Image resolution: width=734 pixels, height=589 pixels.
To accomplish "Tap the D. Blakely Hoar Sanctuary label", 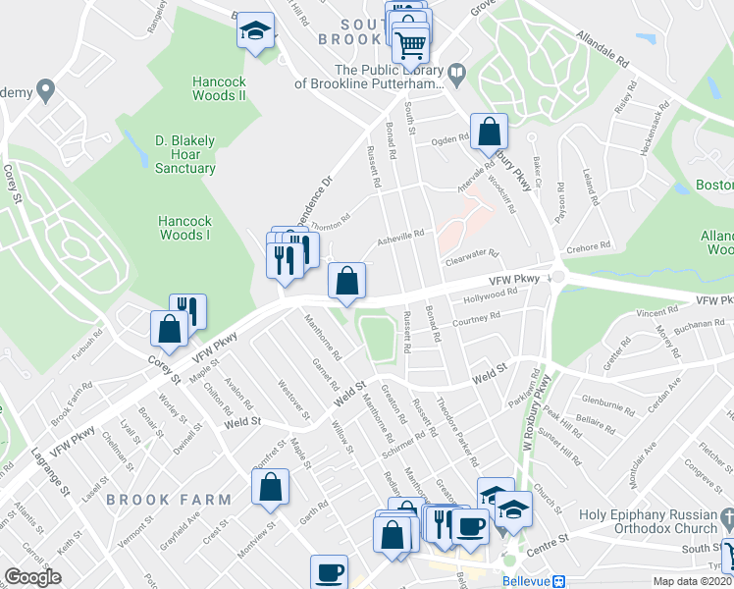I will point(184,154).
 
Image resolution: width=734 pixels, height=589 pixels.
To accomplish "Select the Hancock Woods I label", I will point(184,228).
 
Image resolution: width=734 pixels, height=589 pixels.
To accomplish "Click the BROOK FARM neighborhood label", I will point(170,500).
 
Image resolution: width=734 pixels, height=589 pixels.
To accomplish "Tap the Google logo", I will point(32,577).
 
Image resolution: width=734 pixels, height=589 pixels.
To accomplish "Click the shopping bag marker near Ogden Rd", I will point(489,132).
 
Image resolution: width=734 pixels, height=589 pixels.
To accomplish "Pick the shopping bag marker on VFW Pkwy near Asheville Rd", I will point(346,282).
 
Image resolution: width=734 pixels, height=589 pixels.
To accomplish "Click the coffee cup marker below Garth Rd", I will point(330,571).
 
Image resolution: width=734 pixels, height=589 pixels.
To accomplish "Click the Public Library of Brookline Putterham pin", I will point(457,74).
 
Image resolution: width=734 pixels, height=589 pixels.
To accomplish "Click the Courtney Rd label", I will point(477,319).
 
